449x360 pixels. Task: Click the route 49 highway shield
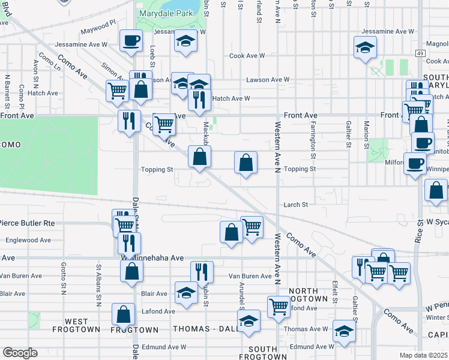pyautogui.click(x=419, y=53)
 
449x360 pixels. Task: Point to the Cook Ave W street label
pyautogui.click(x=247, y=56)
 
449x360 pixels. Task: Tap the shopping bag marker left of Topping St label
pyautogui.click(x=199, y=157)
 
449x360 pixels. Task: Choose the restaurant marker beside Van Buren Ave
pyautogui.click(x=202, y=272)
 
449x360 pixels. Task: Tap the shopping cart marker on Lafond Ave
pyautogui.click(x=279, y=307)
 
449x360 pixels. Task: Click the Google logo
pyautogui.click(x=20, y=352)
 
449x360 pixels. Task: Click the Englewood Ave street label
pyautogui.click(x=28, y=240)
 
